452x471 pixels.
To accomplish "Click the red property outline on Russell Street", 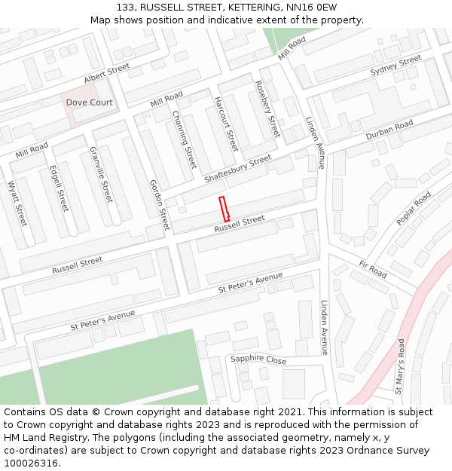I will coord(224,209).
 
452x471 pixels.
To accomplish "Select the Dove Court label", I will coord(89,102).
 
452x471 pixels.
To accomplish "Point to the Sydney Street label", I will coord(395,66).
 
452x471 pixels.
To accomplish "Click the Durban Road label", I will coord(389,130).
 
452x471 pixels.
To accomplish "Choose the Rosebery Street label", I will coord(267,109).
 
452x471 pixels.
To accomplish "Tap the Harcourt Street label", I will coord(225,124).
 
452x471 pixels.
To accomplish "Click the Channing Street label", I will coord(184,139).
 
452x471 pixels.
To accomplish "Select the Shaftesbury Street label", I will coord(237,169).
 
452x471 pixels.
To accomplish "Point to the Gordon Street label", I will coord(160,205).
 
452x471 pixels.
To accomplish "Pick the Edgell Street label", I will coord(58,188).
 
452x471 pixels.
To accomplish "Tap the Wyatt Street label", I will coord(17,203).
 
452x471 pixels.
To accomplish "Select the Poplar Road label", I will coord(414,209).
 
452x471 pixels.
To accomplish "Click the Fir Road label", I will coord(373,269).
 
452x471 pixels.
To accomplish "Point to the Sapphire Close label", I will coord(258,360).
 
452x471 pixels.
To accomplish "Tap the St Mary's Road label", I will coord(400,366).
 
